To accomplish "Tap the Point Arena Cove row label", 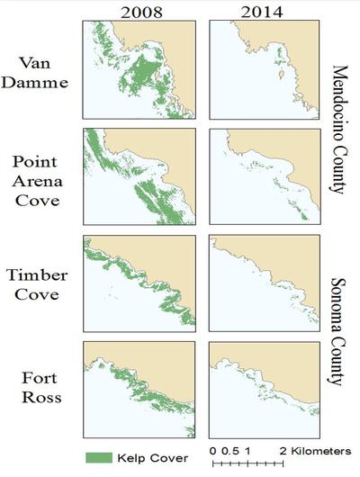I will click(x=38, y=180).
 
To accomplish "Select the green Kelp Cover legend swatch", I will click(x=102, y=457).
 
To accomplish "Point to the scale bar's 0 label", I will click(x=211, y=450).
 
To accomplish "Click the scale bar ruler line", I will click(x=247, y=463).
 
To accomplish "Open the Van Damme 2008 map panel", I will click(x=139, y=70).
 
